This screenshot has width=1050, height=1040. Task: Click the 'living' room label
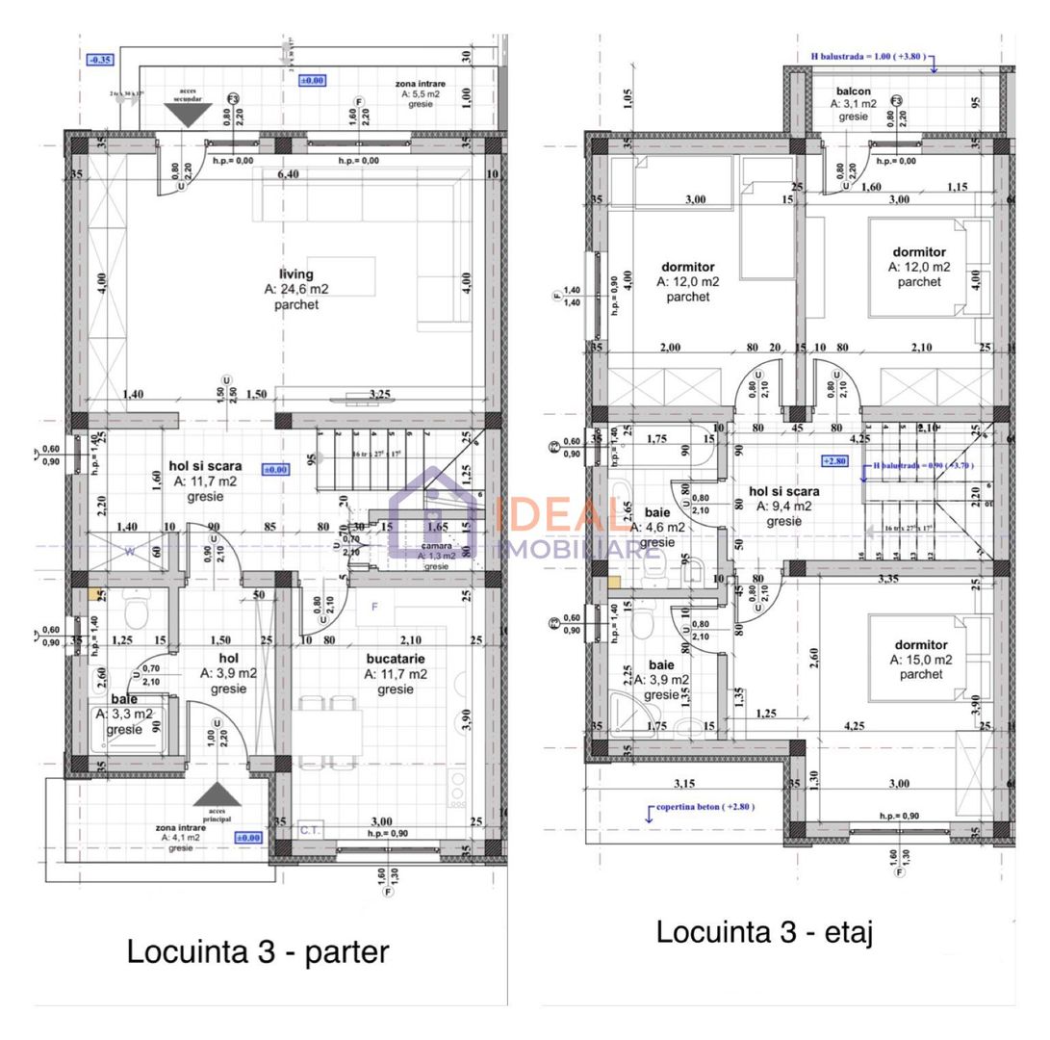click(x=296, y=274)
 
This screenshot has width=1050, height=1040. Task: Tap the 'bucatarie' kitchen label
click(x=396, y=660)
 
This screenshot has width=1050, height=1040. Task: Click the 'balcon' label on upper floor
click(x=853, y=89)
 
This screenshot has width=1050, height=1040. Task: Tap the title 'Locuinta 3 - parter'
click(x=258, y=951)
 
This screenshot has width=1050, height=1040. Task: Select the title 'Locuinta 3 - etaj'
click(x=764, y=931)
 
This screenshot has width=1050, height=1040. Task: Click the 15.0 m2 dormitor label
click(x=920, y=645)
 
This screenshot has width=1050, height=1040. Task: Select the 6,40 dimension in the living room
click(x=287, y=174)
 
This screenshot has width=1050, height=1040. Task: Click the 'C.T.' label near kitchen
click(x=310, y=828)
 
